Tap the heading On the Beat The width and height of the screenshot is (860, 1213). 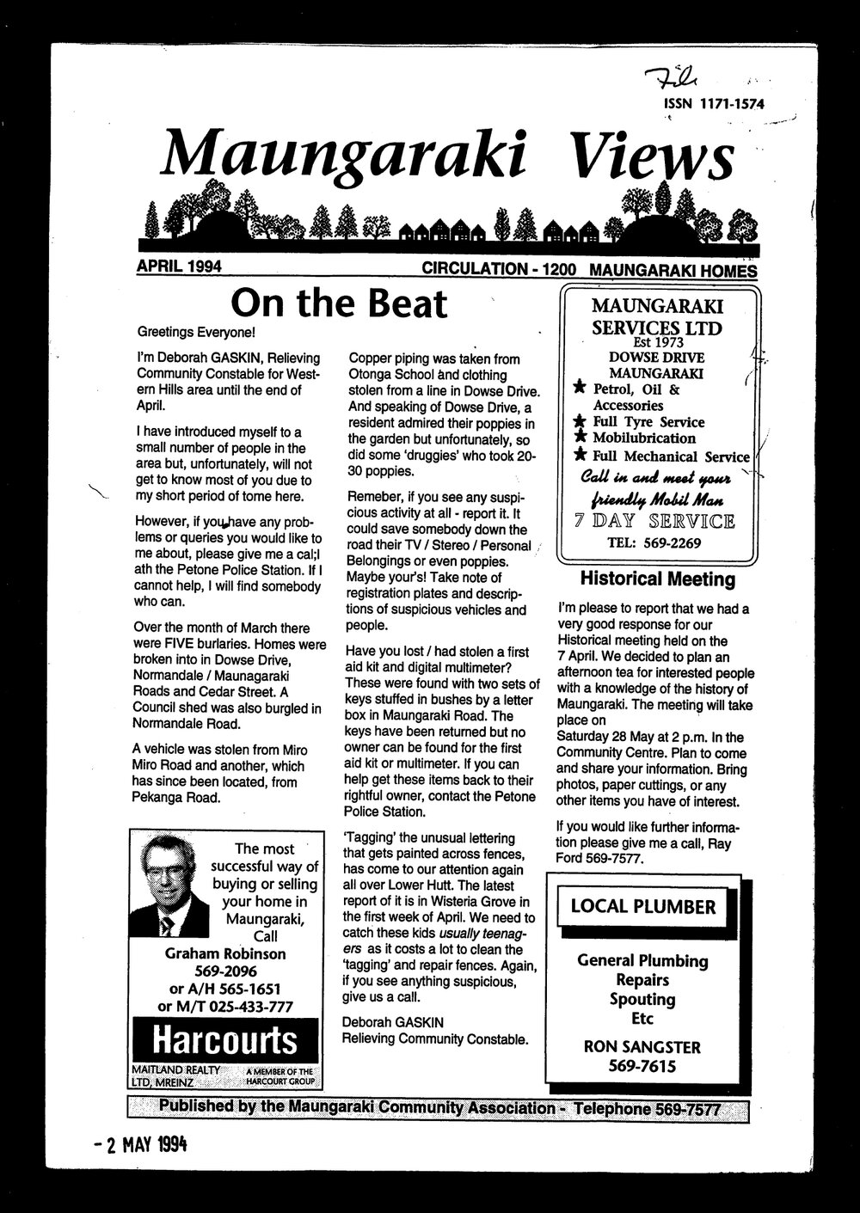tap(340, 303)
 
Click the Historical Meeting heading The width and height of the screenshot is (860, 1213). tap(658, 579)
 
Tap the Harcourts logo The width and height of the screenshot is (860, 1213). tap(225, 1041)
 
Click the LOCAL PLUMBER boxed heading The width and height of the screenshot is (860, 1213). tap(643, 907)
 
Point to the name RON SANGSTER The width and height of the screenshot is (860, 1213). tap(642, 1047)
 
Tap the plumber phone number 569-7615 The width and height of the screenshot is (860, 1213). tap(642, 1067)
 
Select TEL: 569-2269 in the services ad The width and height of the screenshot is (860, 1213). tap(654, 542)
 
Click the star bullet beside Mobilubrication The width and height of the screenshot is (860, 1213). tap(580, 438)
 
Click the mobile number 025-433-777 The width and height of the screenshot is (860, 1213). tap(249, 1006)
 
